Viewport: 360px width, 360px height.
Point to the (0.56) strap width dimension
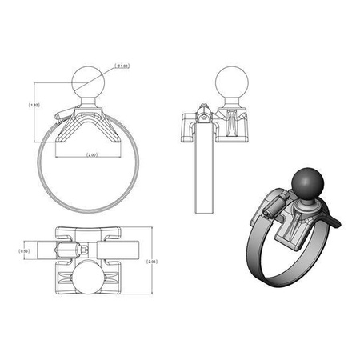[x=25, y=250]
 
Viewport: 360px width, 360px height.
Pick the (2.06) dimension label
[x=153, y=261]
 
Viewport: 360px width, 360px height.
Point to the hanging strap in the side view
[x=205, y=176]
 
